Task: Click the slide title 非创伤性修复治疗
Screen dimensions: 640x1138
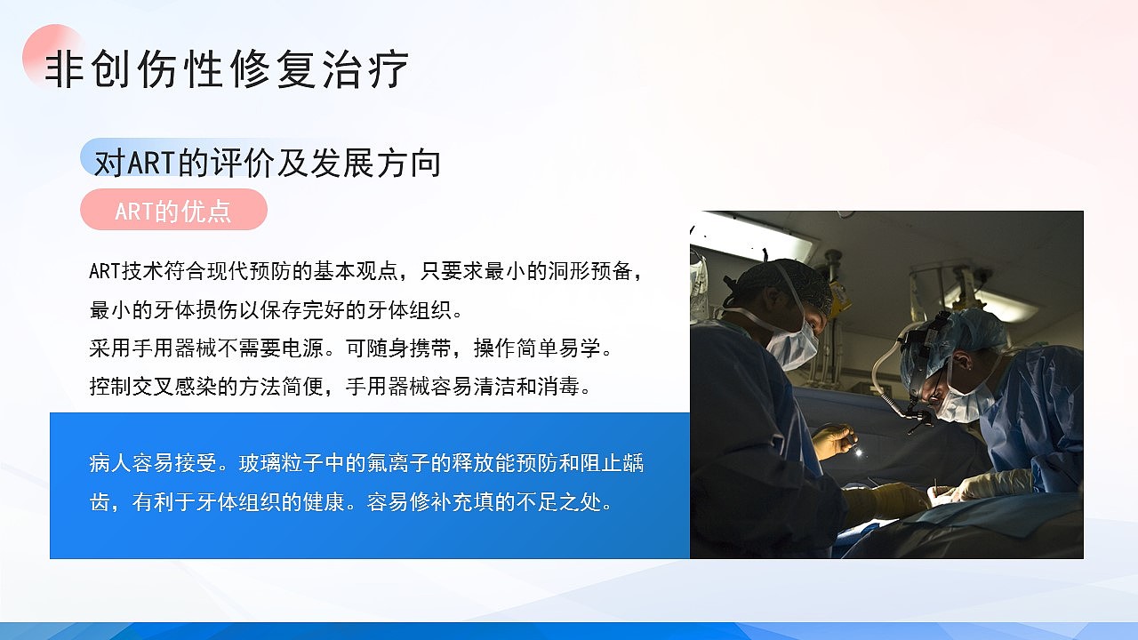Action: [x=227, y=69]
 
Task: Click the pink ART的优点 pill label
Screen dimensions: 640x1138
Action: [x=173, y=211]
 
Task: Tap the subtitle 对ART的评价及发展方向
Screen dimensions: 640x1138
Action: [x=267, y=164]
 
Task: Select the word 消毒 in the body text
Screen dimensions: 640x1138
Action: [x=567, y=388]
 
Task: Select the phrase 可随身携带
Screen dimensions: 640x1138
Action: [x=397, y=348]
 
